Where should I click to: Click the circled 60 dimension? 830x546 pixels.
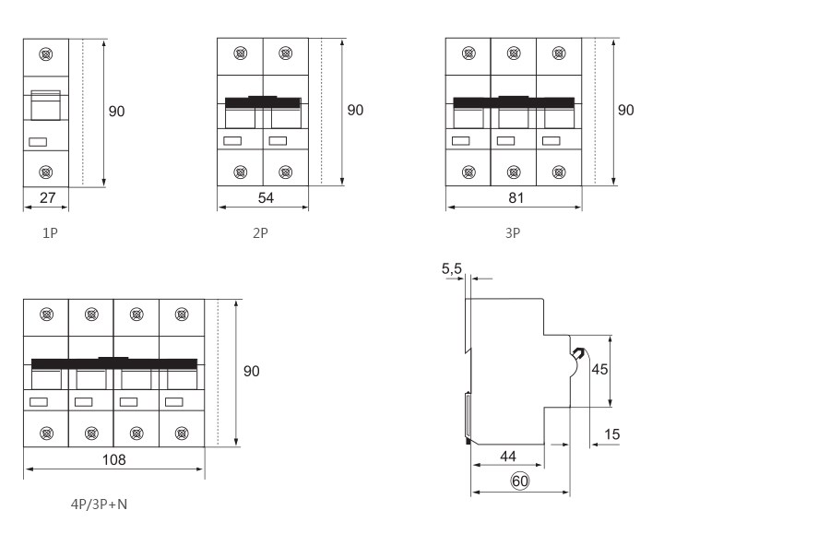[x=519, y=481]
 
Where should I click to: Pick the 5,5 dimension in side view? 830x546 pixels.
[x=452, y=269]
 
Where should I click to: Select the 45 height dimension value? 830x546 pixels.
[x=599, y=370]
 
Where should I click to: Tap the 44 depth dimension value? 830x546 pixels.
[x=508, y=456]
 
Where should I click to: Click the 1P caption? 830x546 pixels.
[x=50, y=232]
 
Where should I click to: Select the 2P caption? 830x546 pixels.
[x=261, y=232]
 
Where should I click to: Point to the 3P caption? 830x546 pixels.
[x=513, y=232]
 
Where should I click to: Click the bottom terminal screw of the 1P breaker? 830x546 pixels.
[x=45, y=172]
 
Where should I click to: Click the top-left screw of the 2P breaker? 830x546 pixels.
[x=241, y=55]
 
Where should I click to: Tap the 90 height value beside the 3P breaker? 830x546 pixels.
[x=625, y=111]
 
